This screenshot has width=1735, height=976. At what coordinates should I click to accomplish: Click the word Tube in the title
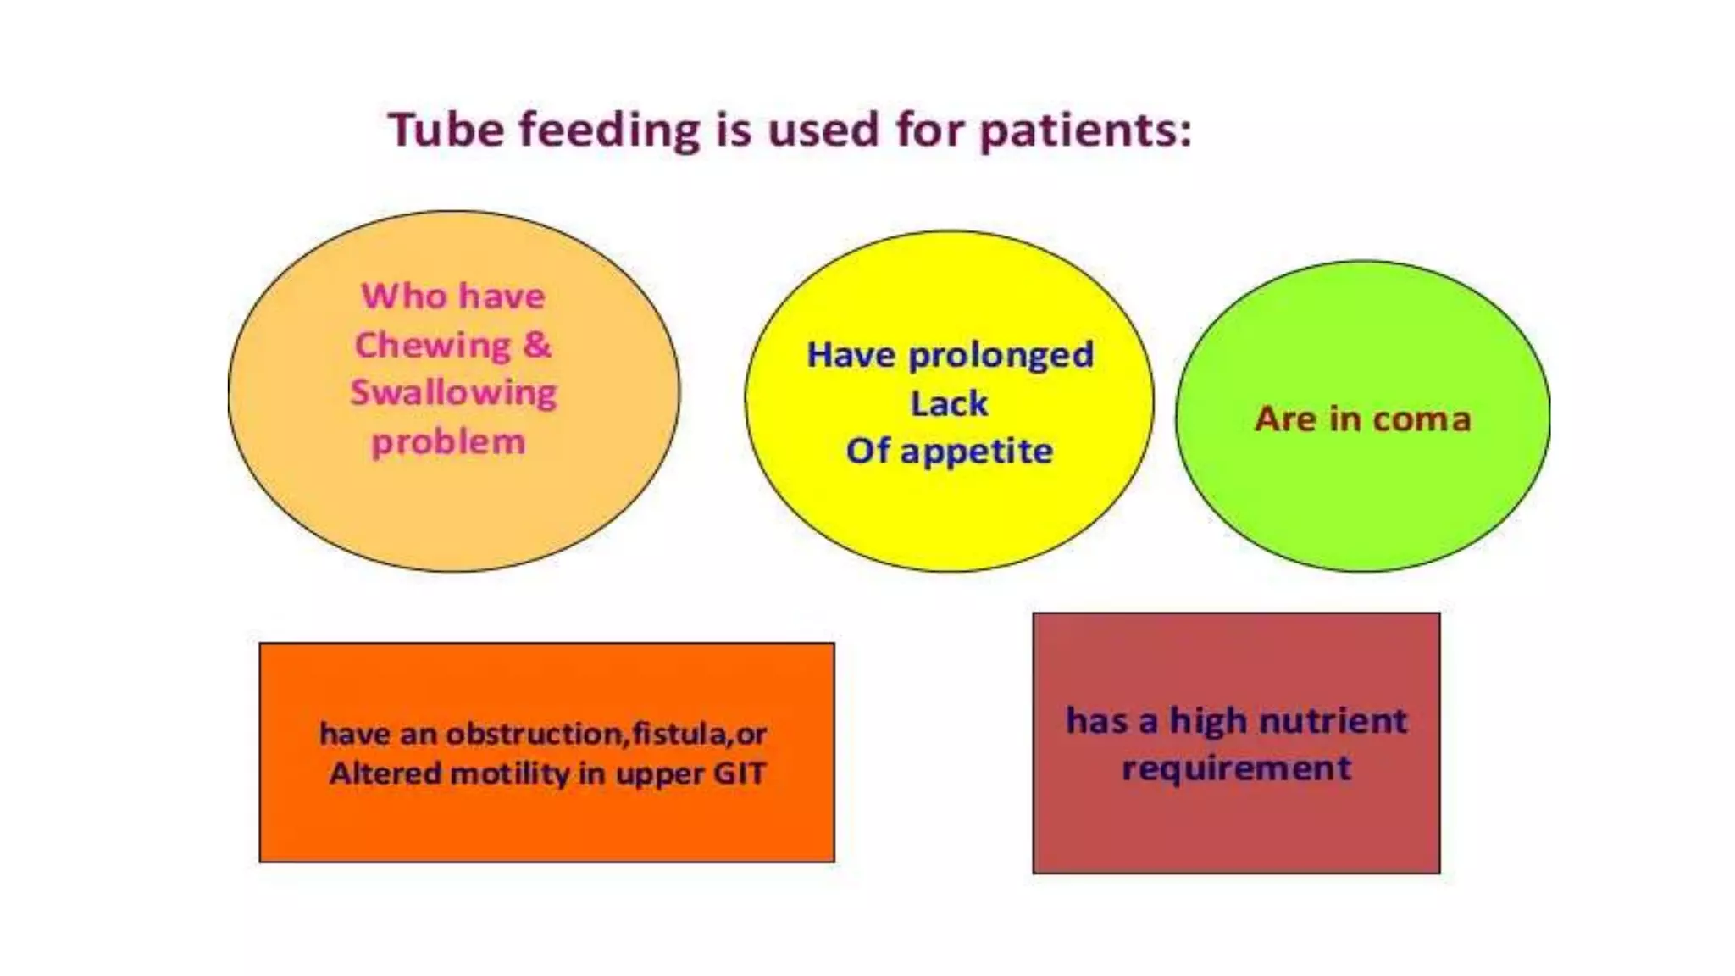pyautogui.click(x=446, y=130)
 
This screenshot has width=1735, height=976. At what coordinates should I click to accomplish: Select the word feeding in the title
pyautogui.click(x=609, y=131)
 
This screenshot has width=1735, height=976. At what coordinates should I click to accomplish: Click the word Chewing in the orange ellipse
pyautogui.click(x=432, y=346)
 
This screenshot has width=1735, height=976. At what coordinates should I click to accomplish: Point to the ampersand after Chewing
pyautogui.click(x=537, y=344)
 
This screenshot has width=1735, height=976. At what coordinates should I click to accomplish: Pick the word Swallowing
pyautogui.click(x=453, y=393)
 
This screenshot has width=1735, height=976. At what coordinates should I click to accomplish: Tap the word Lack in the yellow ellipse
pyautogui.click(x=949, y=403)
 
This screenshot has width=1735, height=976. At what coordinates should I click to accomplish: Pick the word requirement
pyautogui.click(x=1236, y=768)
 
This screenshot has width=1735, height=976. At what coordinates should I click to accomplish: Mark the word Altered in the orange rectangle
pyautogui.click(x=385, y=774)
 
